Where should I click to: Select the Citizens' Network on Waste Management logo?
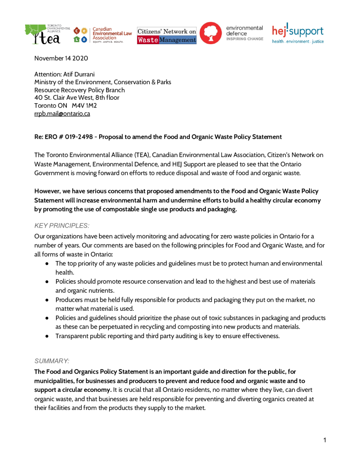click(x=167, y=35)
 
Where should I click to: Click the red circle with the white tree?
click(x=211, y=33)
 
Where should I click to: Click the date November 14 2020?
click(x=61, y=58)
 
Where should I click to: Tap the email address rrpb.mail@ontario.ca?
click(x=62, y=114)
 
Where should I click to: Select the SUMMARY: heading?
click(x=52, y=360)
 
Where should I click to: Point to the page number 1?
click(x=325, y=440)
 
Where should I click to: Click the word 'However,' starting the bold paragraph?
click(x=47, y=191)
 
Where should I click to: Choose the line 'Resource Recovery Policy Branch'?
click(x=80, y=90)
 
